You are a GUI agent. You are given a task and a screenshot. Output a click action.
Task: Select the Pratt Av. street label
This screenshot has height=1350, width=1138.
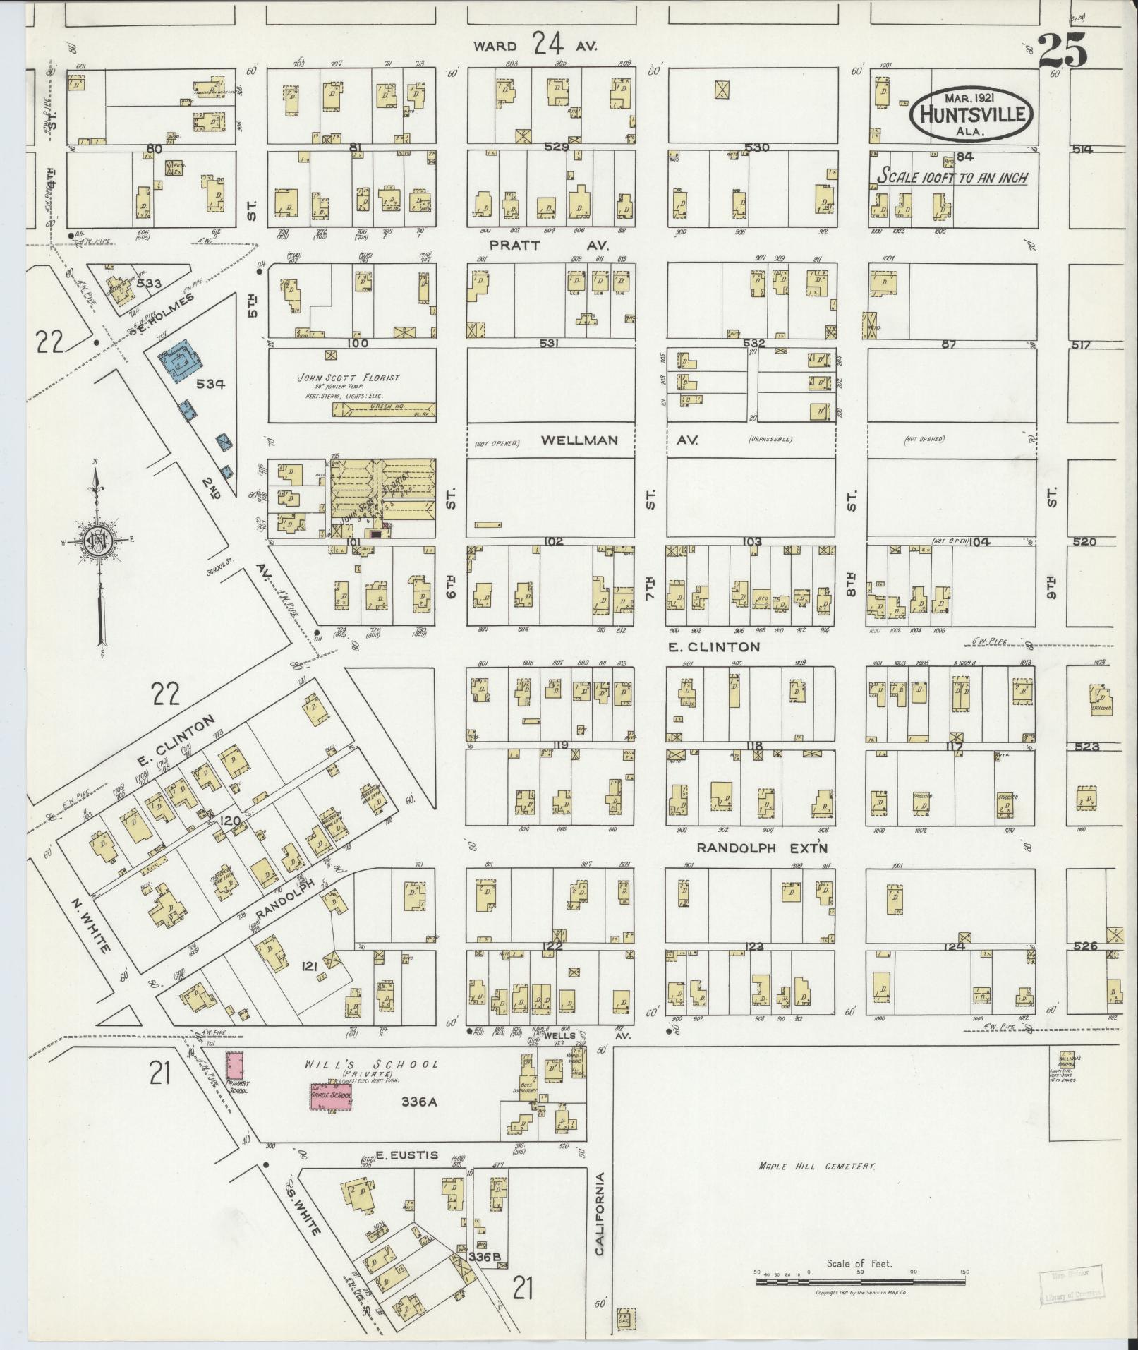tap(550, 245)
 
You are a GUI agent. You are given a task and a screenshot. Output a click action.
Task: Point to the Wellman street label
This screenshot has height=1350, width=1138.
tap(579, 440)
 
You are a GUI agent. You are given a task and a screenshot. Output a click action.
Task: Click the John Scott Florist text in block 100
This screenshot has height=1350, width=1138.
tap(349, 378)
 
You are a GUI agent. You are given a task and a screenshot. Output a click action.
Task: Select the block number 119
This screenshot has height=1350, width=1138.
tap(561, 745)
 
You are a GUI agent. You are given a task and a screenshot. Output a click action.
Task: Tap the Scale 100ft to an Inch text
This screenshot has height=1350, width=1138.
tap(952, 177)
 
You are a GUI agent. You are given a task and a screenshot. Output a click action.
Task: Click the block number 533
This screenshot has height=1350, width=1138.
tap(150, 283)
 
